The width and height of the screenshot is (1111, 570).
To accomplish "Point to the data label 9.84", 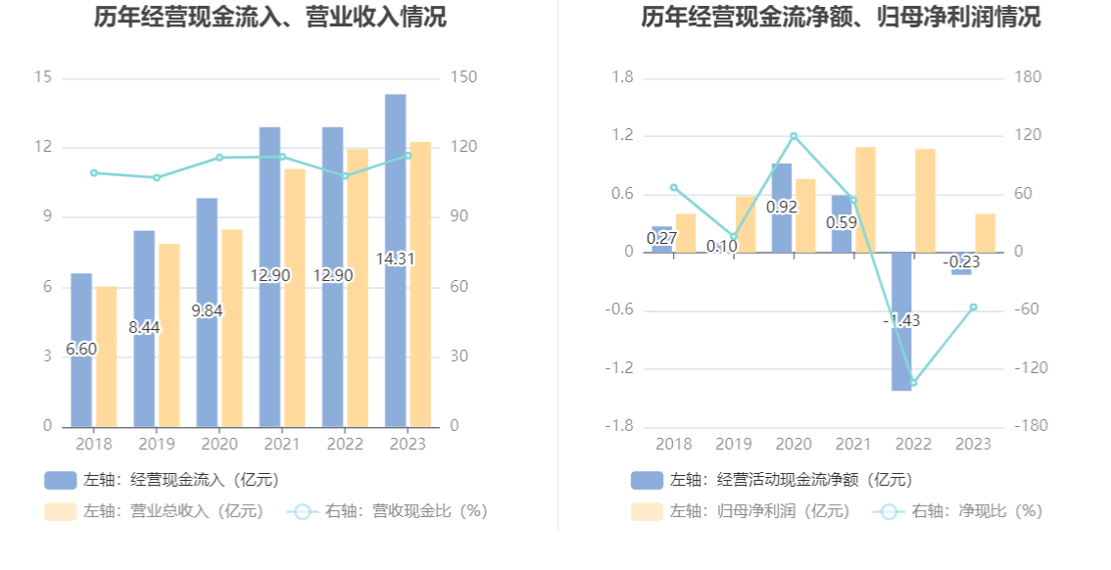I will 208,310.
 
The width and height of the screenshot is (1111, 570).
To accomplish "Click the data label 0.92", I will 782,207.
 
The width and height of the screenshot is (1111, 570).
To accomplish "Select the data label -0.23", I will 961,261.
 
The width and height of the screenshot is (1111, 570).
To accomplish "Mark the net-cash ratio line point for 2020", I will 794,136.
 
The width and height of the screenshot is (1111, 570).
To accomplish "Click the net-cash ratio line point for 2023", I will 973,308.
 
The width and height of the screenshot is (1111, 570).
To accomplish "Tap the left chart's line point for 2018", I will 94,172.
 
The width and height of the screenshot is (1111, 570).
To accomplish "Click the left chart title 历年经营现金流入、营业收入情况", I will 270,17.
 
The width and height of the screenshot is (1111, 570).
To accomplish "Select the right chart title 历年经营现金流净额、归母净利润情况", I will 841,17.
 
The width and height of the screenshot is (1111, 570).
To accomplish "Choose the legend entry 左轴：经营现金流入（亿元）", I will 163,480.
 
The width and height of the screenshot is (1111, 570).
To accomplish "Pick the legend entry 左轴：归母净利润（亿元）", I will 742,511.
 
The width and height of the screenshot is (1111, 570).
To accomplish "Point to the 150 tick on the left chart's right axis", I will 462,78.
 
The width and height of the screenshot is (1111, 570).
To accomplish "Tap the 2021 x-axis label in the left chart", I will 282,445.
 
